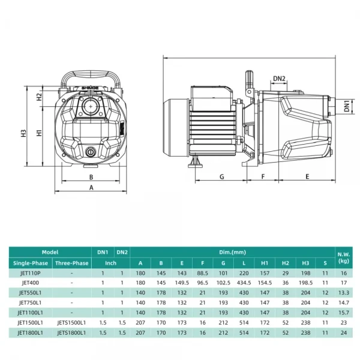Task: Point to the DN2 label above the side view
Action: [x=279, y=78]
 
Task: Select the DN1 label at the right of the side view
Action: [x=347, y=106]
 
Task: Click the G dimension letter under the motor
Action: [x=221, y=177]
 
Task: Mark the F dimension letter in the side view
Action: [x=263, y=177]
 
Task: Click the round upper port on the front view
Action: [x=92, y=108]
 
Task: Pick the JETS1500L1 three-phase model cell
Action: [x=71, y=322]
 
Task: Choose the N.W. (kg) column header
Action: [x=343, y=257]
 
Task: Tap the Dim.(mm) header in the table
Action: [x=232, y=253]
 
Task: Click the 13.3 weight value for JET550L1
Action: [x=343, y=292]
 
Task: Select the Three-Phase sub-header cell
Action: [x=71, y=263]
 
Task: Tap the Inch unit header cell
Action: [x=112, y=263]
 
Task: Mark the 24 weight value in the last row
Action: [x=343, y=332]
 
